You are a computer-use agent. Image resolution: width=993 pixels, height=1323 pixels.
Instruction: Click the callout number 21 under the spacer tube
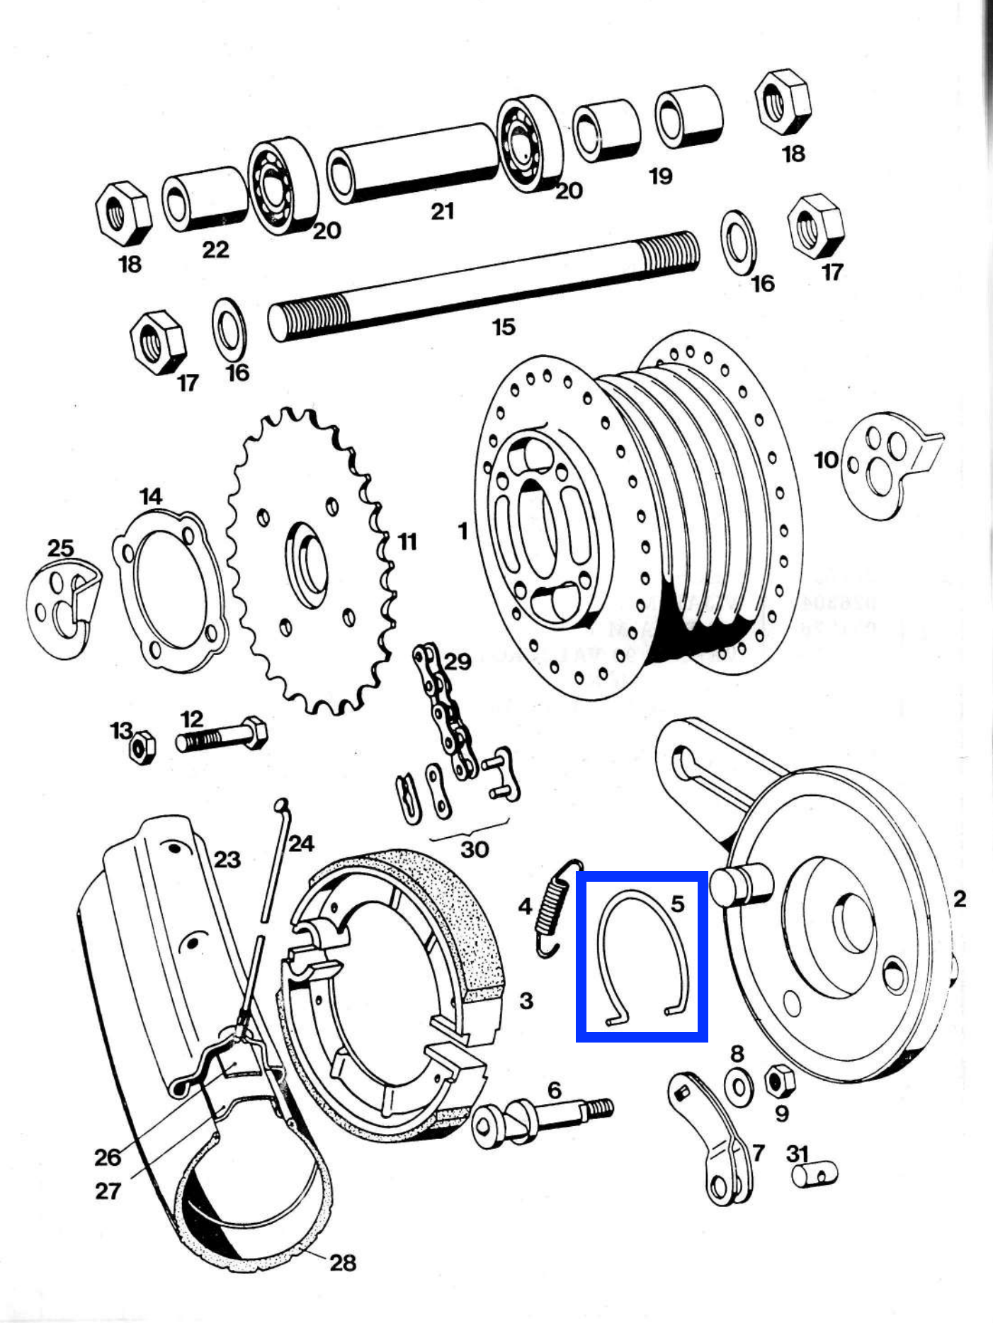442,211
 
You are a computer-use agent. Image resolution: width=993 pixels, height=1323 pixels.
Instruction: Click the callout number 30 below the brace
474,848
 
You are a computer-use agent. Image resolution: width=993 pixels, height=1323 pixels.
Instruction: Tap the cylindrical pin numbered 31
815,1175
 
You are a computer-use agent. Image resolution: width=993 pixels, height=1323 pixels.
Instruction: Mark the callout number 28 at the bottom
343,1262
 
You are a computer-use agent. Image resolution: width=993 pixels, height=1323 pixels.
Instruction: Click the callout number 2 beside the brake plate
959,899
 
